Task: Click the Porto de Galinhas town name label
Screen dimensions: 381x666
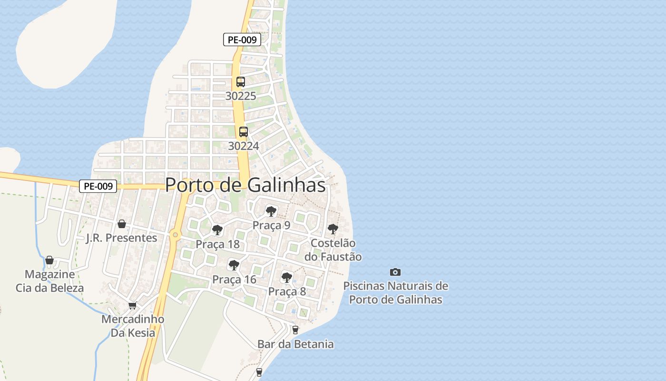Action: point(245,185)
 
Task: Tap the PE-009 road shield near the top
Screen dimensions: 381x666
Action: point(242,40)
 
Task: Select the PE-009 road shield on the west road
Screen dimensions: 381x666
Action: point(98,186)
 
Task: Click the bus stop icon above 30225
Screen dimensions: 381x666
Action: point(241,82)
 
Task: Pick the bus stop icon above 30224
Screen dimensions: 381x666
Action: point(244,132)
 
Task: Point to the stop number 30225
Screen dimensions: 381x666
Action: point(241,96)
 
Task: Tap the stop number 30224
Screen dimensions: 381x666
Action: point(244,146)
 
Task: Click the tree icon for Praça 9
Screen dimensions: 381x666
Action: point(271,211)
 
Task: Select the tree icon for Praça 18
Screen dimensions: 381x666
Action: point(217,231)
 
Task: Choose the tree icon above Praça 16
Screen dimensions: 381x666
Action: point(234,265)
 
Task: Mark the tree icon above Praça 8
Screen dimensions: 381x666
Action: point(286,277)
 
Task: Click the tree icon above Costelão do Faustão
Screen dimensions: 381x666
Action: point(333,229)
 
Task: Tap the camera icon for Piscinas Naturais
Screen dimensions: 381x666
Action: point(395,272)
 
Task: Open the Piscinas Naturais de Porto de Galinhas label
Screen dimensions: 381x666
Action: point(396,293)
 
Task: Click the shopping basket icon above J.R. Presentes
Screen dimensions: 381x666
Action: point(122,224)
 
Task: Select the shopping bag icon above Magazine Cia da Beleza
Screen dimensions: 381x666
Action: point(49,260)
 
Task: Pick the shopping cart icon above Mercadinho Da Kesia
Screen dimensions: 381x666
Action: point(133,305)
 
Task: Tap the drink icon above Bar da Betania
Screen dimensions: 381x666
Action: point(295,330)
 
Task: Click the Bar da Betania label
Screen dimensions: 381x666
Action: point(295,344)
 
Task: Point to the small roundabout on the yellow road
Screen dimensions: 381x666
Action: point(176,234)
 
